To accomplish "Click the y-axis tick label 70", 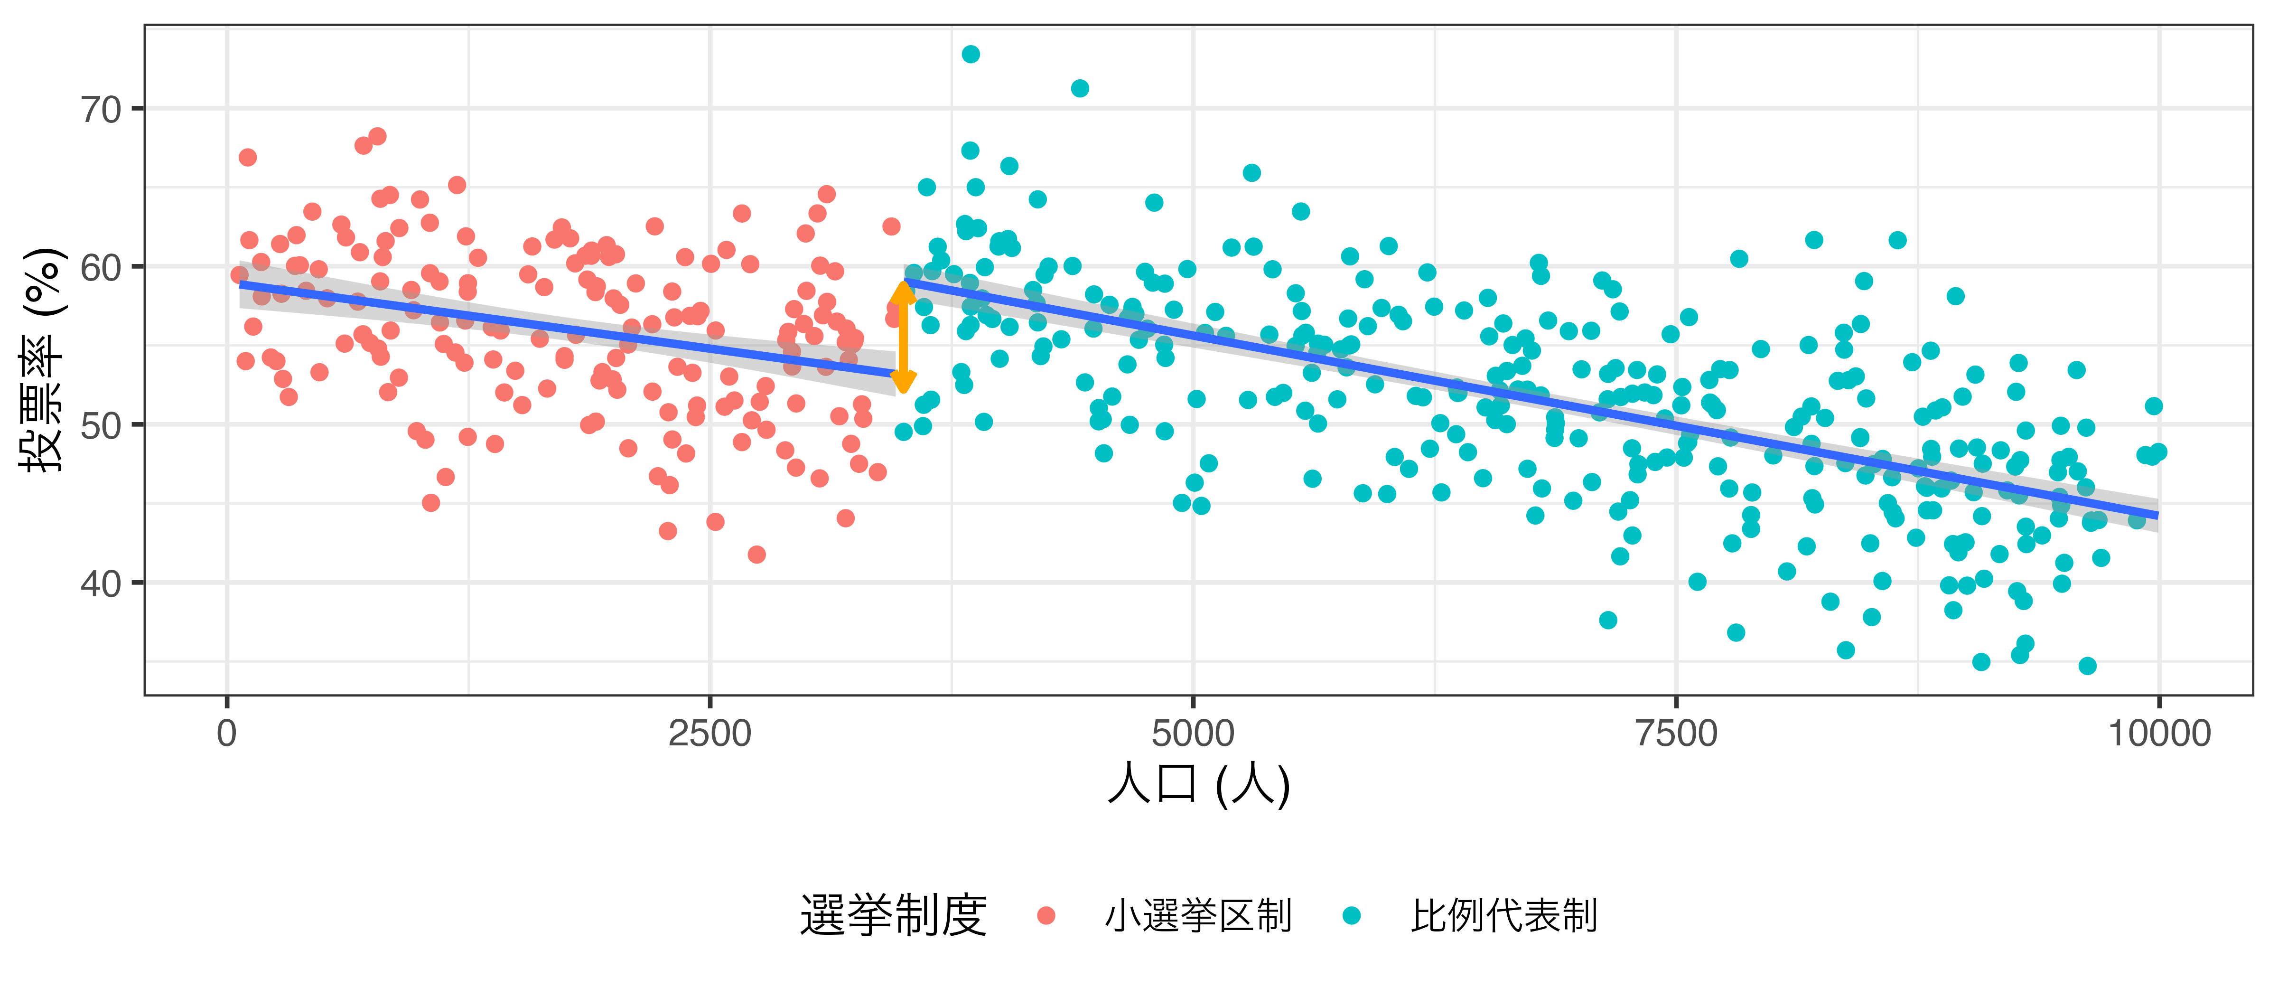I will tap(100, 110).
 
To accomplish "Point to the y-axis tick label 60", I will tap(100, 267).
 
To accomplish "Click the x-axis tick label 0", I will tap(227, 734).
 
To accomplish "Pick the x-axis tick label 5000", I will tap(1193, 734).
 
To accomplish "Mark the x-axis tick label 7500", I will tap(1676, 734).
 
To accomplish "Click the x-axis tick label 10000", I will tap(2158, 734).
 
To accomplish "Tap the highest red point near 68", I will tap(377, 136).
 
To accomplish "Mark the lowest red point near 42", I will tap(756, 555).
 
